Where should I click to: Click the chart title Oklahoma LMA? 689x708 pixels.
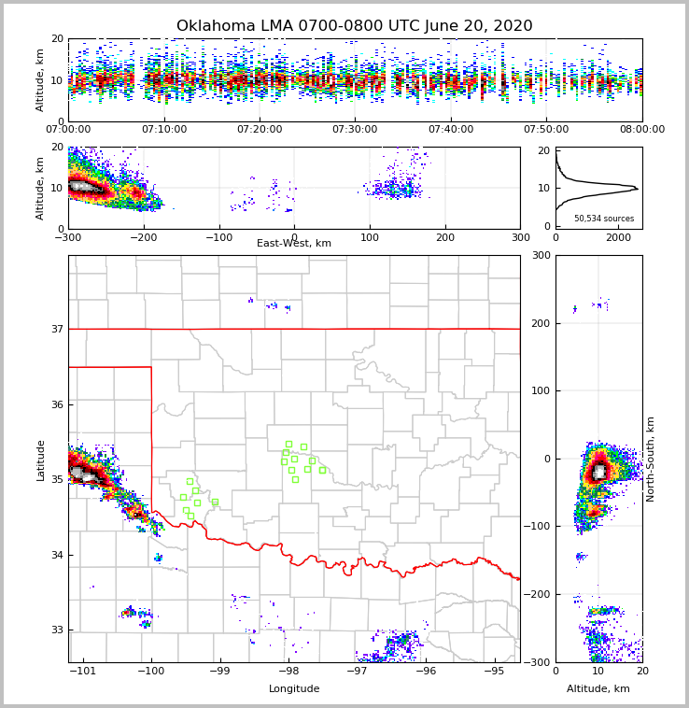click(354, 26)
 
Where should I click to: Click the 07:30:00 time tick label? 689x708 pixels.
click(355, 130)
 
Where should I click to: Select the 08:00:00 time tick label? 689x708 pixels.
click(641, 130)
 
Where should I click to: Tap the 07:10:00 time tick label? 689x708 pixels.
click(164, 130)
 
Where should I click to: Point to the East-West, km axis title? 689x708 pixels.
click(294, 244)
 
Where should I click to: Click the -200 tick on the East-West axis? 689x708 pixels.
click(142, 237)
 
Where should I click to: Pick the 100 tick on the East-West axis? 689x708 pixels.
click(369, 237)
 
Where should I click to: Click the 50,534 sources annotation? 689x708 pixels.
click(604, 219)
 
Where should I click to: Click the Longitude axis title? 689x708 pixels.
click(294, 689)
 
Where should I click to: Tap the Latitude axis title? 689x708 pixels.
click(41, 460)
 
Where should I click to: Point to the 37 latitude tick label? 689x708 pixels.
click(56, 329)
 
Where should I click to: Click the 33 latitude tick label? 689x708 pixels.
click(56, 630)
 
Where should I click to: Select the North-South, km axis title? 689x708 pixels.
click(651, 459)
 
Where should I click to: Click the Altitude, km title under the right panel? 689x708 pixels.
click(598, 689)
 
